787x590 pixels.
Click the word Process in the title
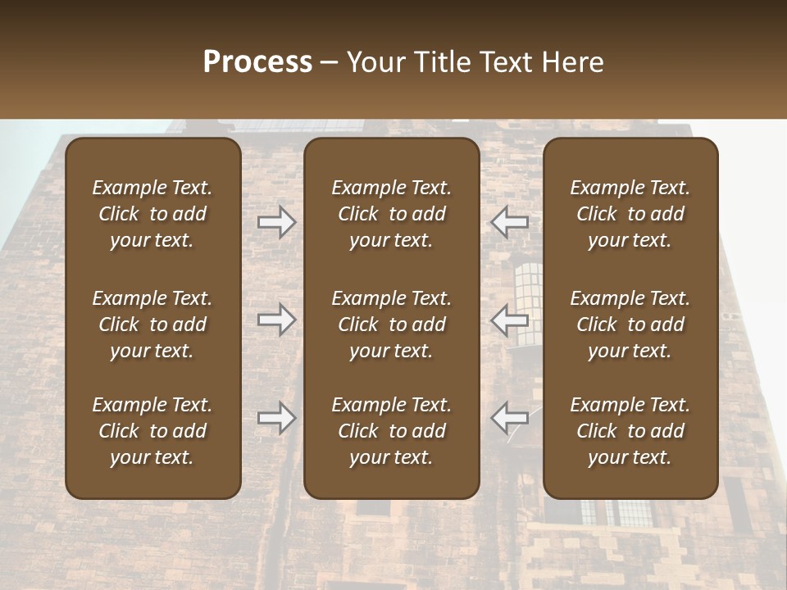(257, 62)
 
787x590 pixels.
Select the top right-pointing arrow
(277, 221)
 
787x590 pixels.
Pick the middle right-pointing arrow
(277, 320)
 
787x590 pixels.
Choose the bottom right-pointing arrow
(277, 418)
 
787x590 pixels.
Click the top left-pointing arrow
(510, 221)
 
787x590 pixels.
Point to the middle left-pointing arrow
(510, 320)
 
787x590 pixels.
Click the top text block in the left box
(152, 214)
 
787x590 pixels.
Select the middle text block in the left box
(152, 324)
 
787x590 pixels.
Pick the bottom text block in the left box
(152, 431)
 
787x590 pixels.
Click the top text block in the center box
(391, 214)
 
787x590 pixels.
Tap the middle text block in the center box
(391, 324)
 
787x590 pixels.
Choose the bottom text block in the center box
(391, 431)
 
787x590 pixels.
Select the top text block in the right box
(630, 214)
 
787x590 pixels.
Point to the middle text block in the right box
(630, 324)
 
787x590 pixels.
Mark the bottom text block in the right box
(630, 431)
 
